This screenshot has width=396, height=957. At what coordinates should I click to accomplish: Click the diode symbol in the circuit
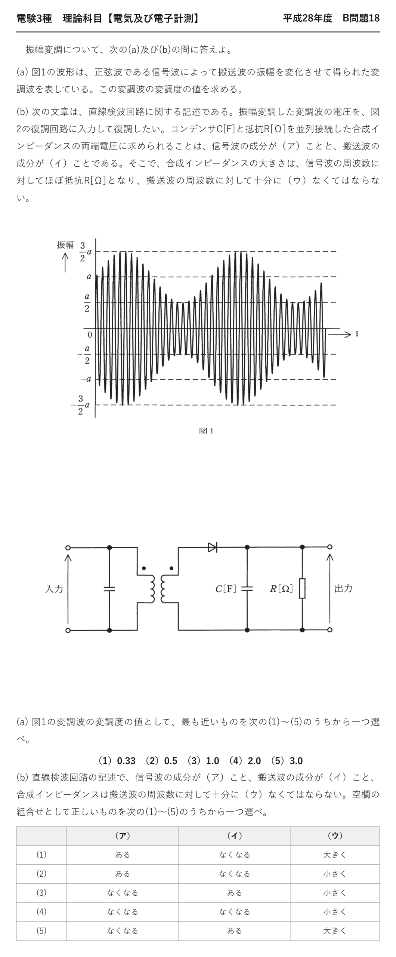point(212,547)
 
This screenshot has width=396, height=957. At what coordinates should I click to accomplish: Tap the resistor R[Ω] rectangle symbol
point(302,588)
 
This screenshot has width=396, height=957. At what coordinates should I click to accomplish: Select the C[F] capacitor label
point(226,589)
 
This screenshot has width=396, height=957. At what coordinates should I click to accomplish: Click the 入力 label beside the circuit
point(54,589)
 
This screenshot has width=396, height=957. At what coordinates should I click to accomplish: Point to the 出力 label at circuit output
point(343,588)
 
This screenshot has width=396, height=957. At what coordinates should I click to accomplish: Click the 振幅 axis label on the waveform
point(65,245)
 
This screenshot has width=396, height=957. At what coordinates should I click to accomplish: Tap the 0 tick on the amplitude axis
point(90,335)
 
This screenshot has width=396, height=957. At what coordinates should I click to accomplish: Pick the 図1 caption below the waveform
point(206,431)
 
